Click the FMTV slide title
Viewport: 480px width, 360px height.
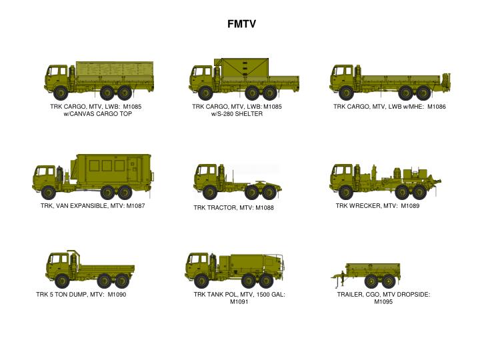point(240,24)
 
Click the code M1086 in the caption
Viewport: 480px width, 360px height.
point(436,107)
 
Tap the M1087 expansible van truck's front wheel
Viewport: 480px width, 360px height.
point(48,193)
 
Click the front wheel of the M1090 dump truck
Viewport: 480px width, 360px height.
point(62,281)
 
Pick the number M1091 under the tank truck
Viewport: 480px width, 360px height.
point(239,301)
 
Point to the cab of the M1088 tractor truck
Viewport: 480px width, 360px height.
point(205,177)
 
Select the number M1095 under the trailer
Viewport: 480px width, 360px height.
point(383,301)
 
